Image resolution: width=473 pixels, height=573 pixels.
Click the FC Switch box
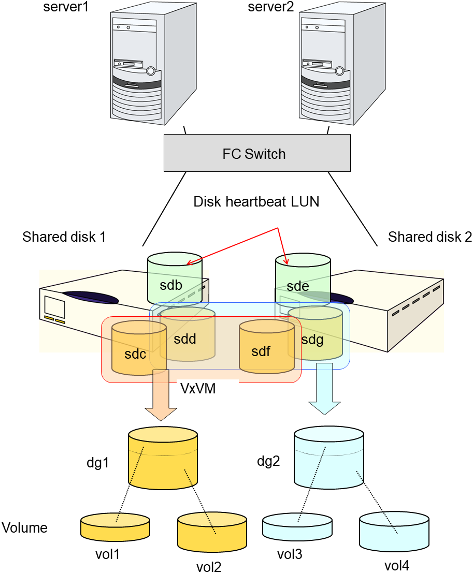[x=257, y=153]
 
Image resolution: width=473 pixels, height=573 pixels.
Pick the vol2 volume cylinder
[x=212, y=534]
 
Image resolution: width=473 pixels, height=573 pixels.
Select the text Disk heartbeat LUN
[x=256, y=202]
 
